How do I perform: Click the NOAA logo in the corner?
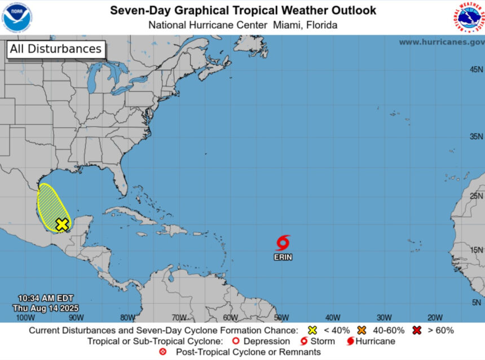pos(17,17)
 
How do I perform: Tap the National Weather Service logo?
pos(468,17)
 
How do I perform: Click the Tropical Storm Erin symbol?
pos(283,243)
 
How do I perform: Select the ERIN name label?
pos(283,257)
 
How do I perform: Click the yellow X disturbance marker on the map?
pos(61,224)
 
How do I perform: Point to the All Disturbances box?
pos(55,49)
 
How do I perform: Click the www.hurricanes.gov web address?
pos(442,42)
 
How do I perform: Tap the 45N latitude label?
pos(477,69)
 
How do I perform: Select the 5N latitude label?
pos(477,303)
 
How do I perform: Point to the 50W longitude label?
pos(281,317)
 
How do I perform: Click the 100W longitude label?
pos(22,317)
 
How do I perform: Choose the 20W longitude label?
pos(434,317)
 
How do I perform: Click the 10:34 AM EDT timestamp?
pos(45,298)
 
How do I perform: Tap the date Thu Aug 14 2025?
pos(45,308)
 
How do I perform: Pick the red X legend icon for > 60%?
pos(417,330)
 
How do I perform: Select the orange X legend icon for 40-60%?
pos(362,330)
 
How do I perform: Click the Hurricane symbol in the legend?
pos(350,341)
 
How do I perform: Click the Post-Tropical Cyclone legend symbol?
pos(163,352)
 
